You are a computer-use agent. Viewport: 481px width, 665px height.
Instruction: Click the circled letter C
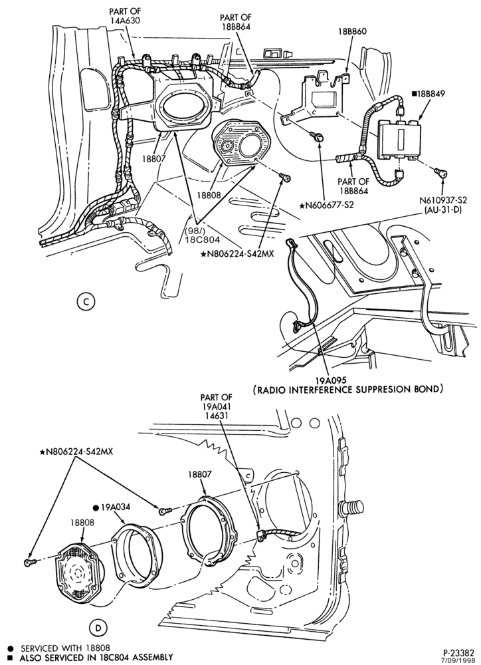[86, 301]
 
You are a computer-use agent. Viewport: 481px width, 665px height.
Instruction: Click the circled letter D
[98, 627]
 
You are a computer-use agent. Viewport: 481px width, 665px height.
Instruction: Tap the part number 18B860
[352, 31]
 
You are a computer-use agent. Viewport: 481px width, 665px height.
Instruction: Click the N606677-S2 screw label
[326, 205]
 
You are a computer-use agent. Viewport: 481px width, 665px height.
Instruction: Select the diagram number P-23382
[456, 651]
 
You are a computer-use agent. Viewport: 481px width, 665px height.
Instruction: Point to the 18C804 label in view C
[205, 239]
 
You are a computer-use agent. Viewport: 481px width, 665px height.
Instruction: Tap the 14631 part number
[216, 416]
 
